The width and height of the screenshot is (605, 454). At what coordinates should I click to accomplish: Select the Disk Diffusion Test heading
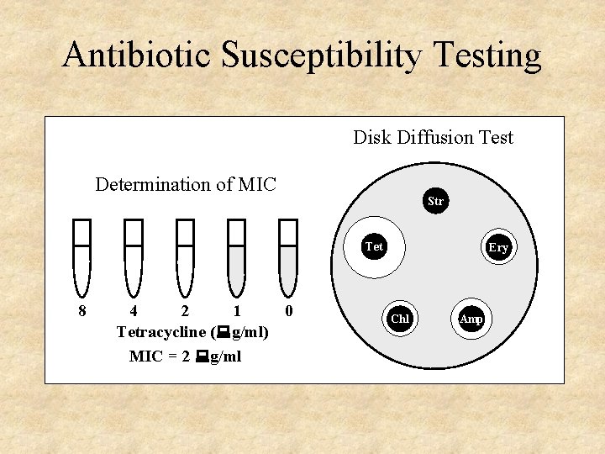coord(433,138)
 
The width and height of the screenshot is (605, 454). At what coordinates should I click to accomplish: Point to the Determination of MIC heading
coord(186,184)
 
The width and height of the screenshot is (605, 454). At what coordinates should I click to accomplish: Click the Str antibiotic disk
coord(435,202)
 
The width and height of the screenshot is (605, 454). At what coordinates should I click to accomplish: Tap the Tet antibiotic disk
coord(375,247)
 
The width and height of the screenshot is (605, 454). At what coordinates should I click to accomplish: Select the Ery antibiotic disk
coord(498,247)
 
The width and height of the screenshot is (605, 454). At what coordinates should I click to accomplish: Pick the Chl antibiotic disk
coord(400,319)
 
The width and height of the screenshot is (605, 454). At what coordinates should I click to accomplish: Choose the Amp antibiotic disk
coord(471,319)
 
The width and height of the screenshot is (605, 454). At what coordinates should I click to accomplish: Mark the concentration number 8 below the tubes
coord(82,312)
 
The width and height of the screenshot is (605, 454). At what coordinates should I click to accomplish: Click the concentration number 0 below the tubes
coord(289,312)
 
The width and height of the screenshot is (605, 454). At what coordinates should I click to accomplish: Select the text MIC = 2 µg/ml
coord(185,356)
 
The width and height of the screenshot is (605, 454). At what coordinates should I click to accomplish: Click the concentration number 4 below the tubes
coord(134,312)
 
